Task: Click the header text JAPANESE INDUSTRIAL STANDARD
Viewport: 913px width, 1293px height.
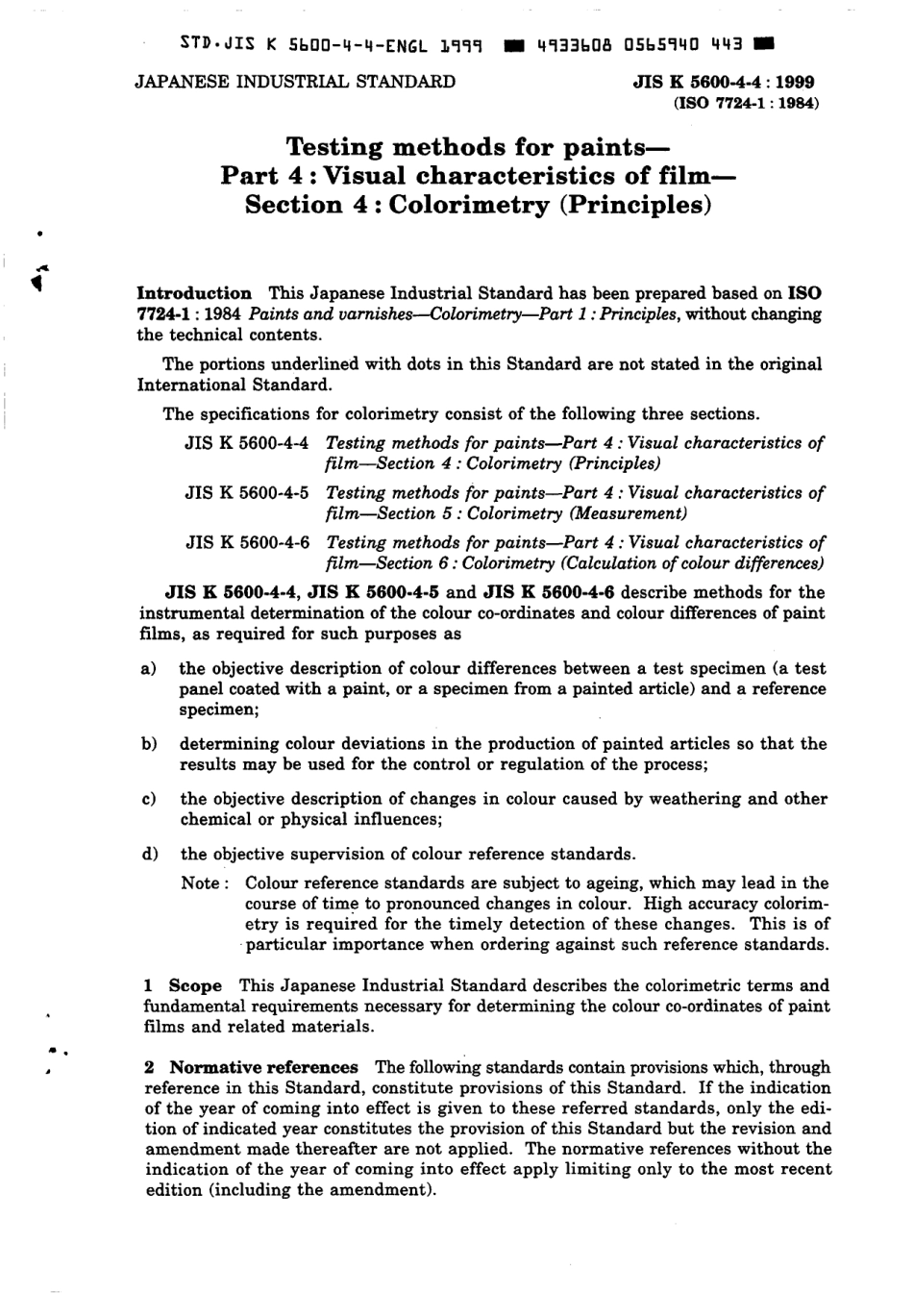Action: coord(294,82)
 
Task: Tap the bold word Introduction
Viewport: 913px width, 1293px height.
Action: coord(195,293)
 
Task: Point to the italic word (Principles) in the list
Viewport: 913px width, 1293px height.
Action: coord(615,463)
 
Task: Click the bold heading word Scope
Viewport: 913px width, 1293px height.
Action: coord(195,986)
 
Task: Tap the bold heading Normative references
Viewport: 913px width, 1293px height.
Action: coord(263,1067)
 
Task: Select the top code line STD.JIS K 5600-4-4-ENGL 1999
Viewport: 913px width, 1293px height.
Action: coord(331,44)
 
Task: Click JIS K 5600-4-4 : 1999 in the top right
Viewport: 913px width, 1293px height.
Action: coord(725,83)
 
